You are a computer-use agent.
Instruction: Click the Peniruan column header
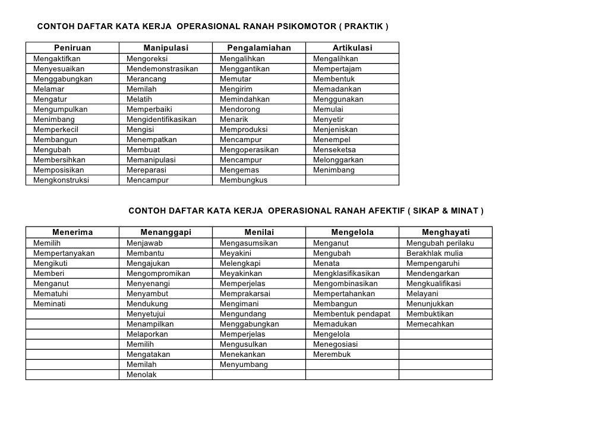tap(74, 48)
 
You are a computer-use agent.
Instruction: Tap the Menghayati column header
tap(446, 233)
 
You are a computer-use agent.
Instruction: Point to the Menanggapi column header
tap(166, 233)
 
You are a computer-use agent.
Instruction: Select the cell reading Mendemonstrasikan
tap(162, 69)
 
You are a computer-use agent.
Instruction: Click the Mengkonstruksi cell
tap(61, 180)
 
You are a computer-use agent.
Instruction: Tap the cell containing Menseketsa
tap(335, 150)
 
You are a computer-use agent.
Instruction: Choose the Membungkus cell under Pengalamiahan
tap(244, 180)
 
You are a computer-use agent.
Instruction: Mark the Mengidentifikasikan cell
tap(162, 120)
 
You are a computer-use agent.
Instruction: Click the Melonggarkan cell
tap(338, 160)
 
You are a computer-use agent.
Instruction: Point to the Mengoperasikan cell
tap(249, 150)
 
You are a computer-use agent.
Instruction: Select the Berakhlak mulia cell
tap(435, 253)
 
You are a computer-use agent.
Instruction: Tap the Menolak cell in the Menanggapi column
tap(141, 375)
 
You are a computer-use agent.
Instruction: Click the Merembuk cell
tap(332, 354)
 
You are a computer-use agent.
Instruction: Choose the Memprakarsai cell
tap(245, 294)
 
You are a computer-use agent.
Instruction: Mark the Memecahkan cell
tap(430, 324)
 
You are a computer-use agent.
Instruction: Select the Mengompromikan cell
tap(159, 274)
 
